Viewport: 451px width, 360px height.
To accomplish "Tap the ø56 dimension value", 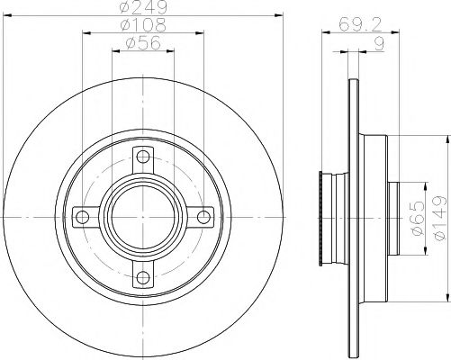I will point(141,44).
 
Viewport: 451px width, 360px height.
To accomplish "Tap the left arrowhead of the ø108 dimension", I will point(86,33).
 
